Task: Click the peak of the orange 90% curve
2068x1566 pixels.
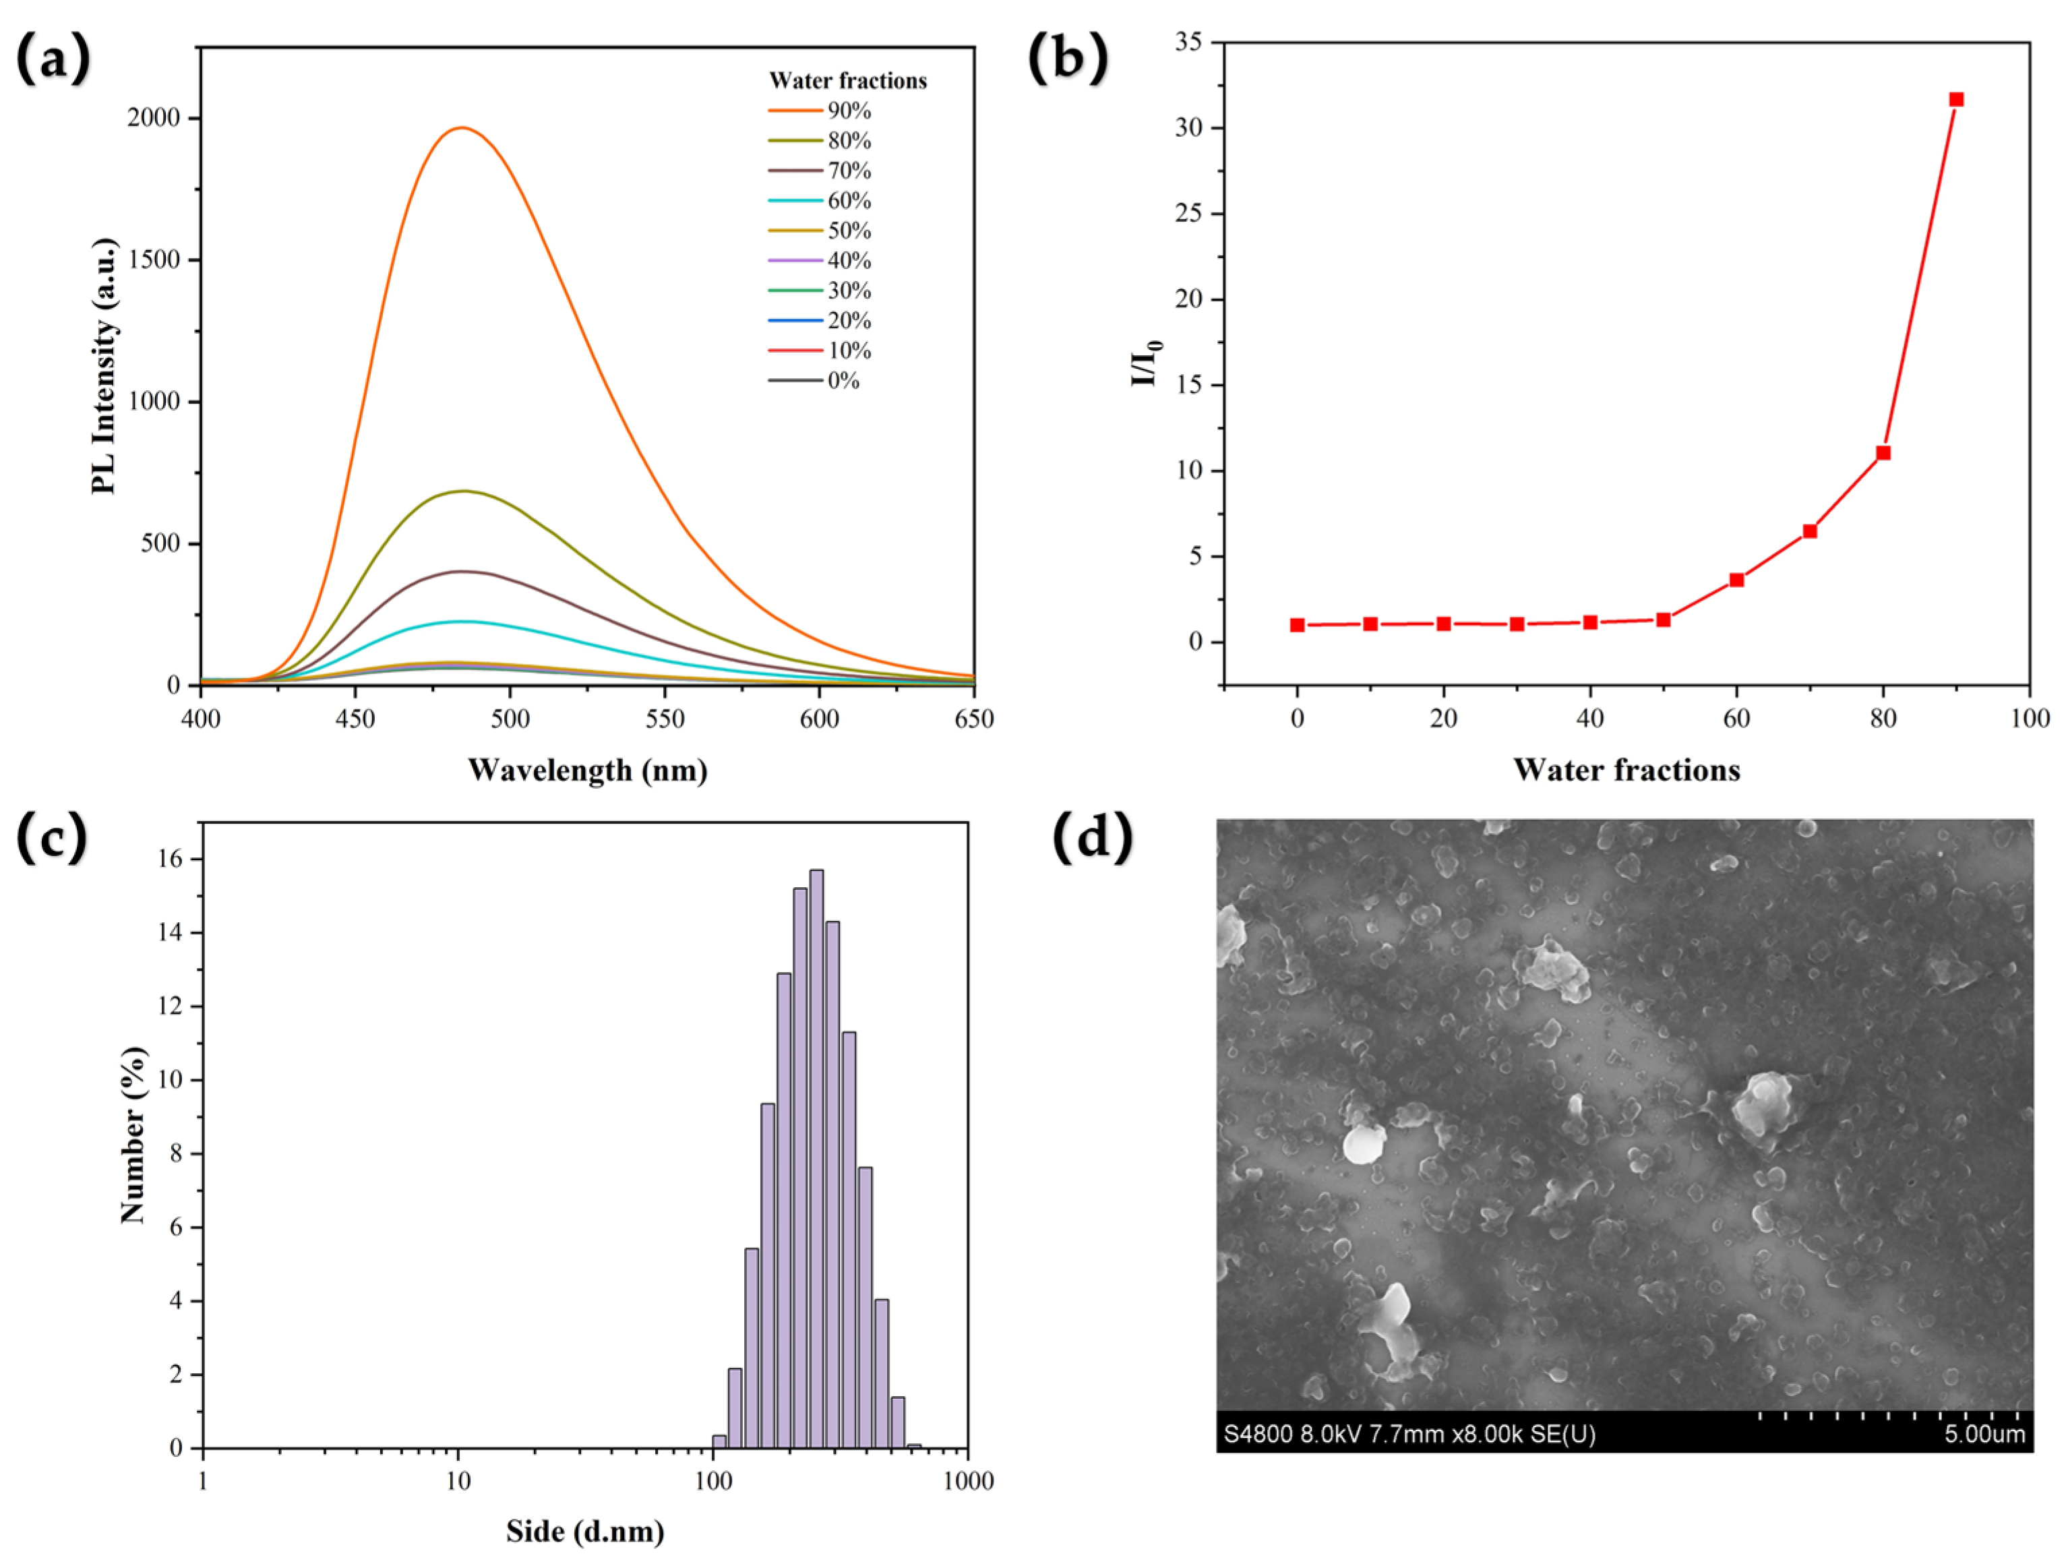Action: pyautogui.click(x=462, y=128)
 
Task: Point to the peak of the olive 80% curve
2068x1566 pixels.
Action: pyautogui.click(x=464, y=491)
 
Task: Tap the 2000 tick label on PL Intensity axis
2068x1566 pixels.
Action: pyautogui.click(x=153, y=118)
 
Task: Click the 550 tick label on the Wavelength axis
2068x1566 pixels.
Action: pyautogui.click(x=665, y=719)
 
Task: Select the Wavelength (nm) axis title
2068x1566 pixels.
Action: pyautogui.click(x=587, y=771)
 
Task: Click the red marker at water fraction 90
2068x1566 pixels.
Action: pyautogui.click(x=1956, y=99)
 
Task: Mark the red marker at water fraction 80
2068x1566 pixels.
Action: pyautogui.click(x=1883, y=452)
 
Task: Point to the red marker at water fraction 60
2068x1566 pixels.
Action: pyautogui.click(x=1736, y=580)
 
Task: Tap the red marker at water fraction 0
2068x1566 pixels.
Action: pyautogui.click(x=1297, y=624)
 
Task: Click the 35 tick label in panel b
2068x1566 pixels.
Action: pyautogui.click(x=1188, y=42)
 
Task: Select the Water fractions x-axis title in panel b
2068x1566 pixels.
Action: pyautogui.click(x=1626, y=771)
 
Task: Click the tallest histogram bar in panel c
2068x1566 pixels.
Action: pyautogui.click(x=816, y=1160)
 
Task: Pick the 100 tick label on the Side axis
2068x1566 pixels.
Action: pyautogui.click(x=712, y=1481)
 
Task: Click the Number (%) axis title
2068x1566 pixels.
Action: pyautogui.click(x=133, y=1135)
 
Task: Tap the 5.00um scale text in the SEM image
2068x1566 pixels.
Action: pyautogui.click(x=1984, y=1434)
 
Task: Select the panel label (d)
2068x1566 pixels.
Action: pyautogui.click(x=1092, y=838)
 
